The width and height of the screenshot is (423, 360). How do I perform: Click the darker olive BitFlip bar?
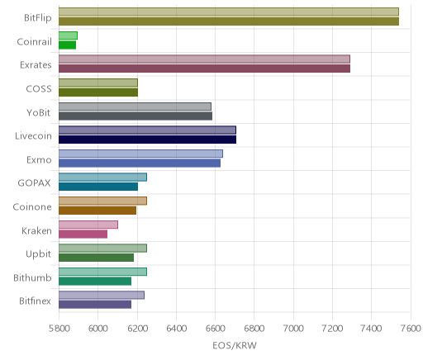pos(229,21)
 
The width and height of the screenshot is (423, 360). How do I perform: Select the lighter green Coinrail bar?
pos(68,36)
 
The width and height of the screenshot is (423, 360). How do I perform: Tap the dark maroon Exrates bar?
pos(204,69)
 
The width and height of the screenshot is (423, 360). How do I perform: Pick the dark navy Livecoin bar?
pos(147,140)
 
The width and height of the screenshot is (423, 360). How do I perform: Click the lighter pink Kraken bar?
pos(88,225)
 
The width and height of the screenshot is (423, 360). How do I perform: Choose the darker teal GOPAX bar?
pos(98,187)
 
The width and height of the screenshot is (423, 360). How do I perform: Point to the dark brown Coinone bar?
pos(97,211)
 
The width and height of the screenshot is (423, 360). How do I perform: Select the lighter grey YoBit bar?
pos(135,107)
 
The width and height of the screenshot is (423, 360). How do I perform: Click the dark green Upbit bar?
pos(96,258)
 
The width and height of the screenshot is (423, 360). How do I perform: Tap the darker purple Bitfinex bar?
pos(95,305)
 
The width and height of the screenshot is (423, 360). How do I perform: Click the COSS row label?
pos(39,88)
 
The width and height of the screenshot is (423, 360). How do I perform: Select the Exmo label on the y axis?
pos(39,159)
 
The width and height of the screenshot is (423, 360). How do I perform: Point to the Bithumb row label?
pos(32,277)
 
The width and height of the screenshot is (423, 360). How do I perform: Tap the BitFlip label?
pos(38,18)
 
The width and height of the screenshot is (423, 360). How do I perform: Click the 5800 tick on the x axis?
pos(59,329)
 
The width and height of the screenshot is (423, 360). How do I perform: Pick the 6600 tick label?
pos(215,329)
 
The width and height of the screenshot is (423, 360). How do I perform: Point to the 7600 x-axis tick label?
pos(411,329)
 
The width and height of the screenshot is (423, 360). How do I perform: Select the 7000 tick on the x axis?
pos(293,329)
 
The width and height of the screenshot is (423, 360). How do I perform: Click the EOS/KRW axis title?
pos(235,345)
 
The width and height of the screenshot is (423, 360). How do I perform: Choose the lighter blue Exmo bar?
pos(140,154)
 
